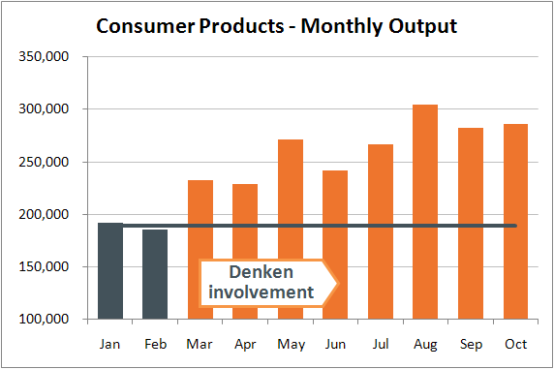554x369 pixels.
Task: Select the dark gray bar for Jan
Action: point(110,271)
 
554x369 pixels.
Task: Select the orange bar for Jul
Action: point(380,231)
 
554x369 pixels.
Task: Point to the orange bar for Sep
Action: point(470,223)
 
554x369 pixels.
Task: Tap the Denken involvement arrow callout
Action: point(267,282)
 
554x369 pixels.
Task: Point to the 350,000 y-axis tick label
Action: point(45,57)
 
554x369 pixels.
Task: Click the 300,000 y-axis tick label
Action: point(45,109)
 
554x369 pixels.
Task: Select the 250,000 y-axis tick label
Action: point(45,162)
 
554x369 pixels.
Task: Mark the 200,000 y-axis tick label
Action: point(45,214)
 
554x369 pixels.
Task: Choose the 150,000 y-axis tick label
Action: point(45,266)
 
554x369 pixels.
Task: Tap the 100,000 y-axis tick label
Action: point(45,319)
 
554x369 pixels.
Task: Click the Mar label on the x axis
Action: point(200,344)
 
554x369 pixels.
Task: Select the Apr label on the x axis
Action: point(245,344)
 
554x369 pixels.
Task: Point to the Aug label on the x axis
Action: point(424,344)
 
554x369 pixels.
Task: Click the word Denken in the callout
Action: point(261,272)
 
